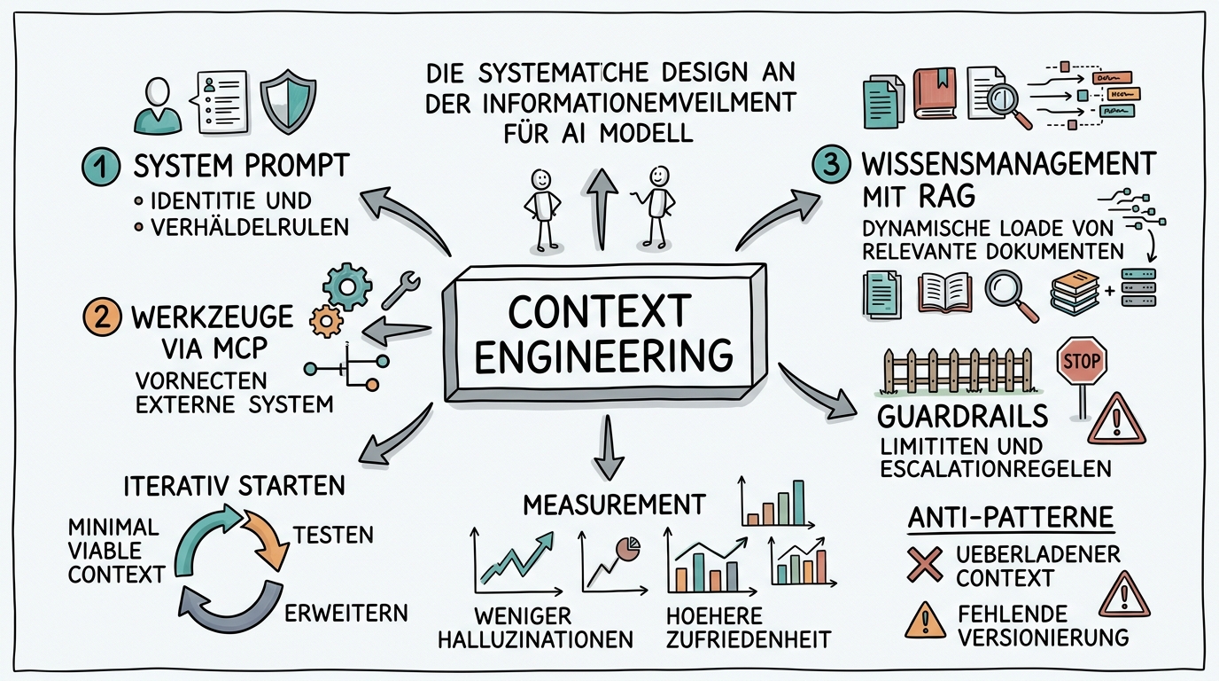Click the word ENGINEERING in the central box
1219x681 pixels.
click(x=603, y=356)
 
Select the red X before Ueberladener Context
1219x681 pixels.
click(x=925, y=564)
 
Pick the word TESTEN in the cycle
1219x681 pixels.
click(x=333, y=536)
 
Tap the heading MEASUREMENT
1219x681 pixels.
click(x=614, y=505)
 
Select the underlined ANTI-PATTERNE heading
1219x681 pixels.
click(x=1011, y=519)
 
